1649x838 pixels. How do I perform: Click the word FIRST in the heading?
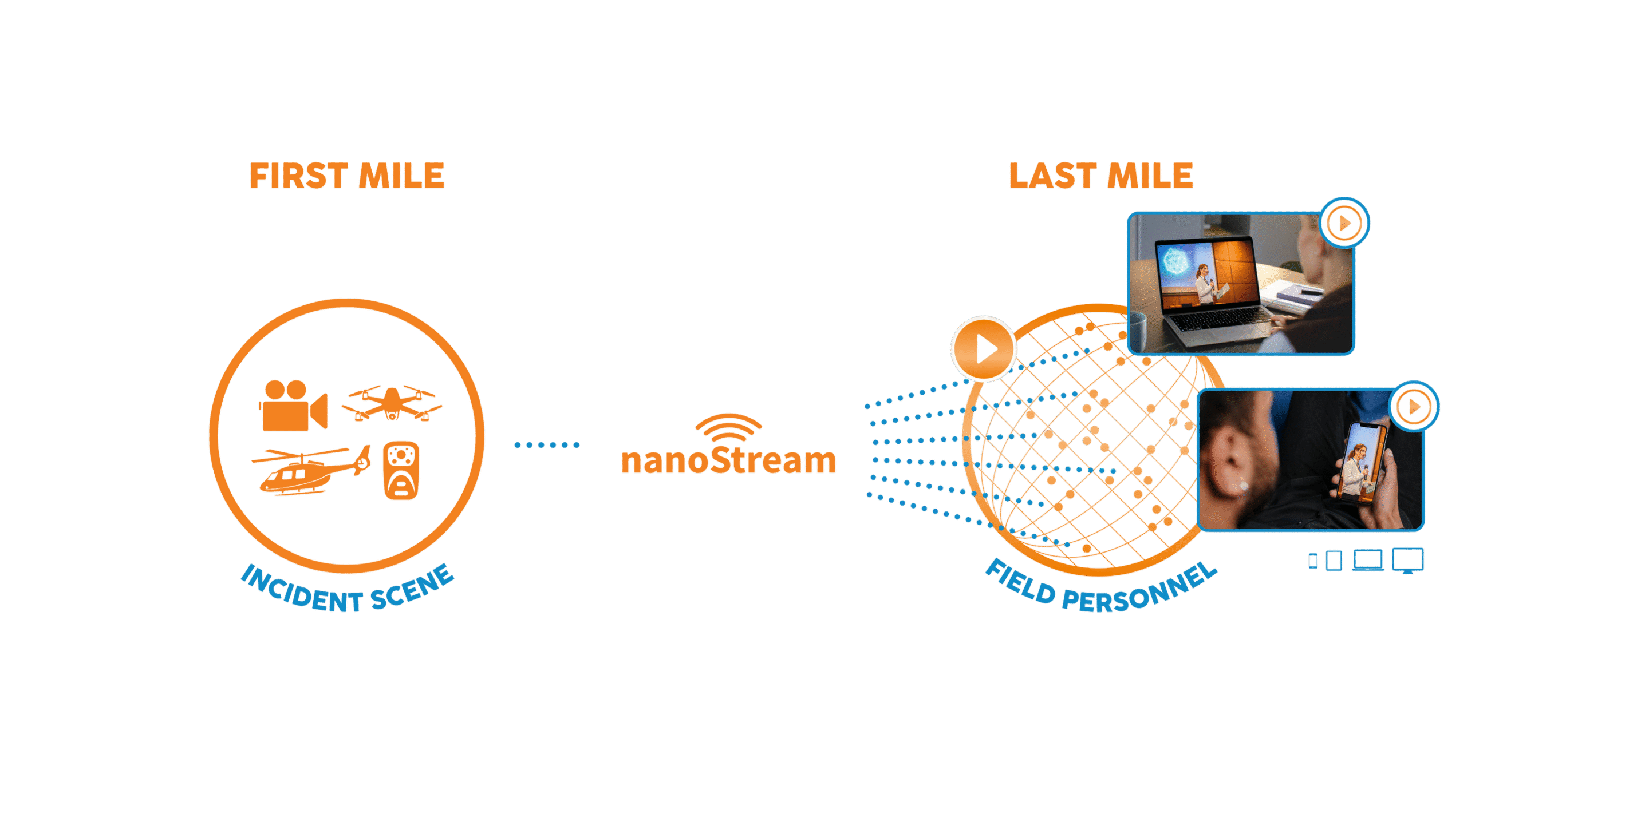(298, 177)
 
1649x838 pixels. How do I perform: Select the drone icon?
(392, 403)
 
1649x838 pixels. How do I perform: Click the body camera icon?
(401, 471)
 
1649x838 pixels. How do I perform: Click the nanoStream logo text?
(728, 460)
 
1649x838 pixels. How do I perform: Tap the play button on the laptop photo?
(1344, 223)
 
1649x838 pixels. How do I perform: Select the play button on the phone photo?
(1414, 407)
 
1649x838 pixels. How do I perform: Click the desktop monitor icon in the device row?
(1408, 560)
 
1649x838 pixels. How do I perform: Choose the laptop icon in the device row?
(1368, 561)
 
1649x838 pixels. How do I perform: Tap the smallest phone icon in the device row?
(1313, 561)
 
